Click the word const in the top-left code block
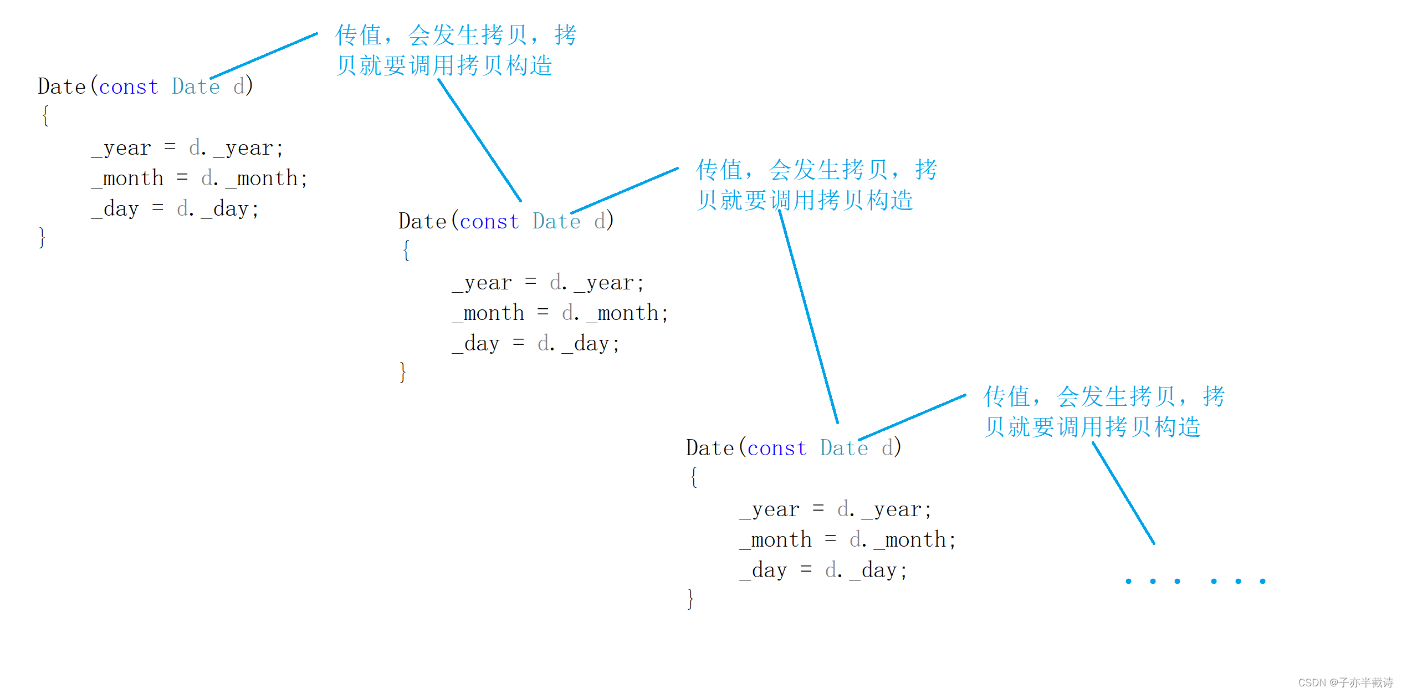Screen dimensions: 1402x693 click(129, 87)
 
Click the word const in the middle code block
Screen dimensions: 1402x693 click(489, 222)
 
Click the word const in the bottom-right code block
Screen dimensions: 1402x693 click(777, 449)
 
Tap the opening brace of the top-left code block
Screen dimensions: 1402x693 click(45, 116)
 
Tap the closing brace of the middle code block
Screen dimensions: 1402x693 click(403, 372)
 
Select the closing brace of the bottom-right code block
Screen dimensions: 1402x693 click(690, 599)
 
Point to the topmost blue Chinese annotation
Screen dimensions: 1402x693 click(456, 50)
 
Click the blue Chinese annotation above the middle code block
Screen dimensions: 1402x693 click(816, 185)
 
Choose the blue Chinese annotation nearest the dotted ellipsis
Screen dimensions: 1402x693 click(1104, 411)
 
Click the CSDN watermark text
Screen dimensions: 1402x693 click(1345, 682)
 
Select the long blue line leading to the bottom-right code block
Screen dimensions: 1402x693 click(808, 316)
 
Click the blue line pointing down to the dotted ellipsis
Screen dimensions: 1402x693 click(1123, 493)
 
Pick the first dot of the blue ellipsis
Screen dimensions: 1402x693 click(1128, 581)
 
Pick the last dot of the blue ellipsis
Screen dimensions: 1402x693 click(1262, 581)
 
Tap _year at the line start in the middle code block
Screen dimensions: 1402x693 click(482, 283)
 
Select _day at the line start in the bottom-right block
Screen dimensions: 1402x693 click(763, 570)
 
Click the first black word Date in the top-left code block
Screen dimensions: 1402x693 click(62, 87)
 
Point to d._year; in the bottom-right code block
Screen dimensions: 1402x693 click(884, 509)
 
